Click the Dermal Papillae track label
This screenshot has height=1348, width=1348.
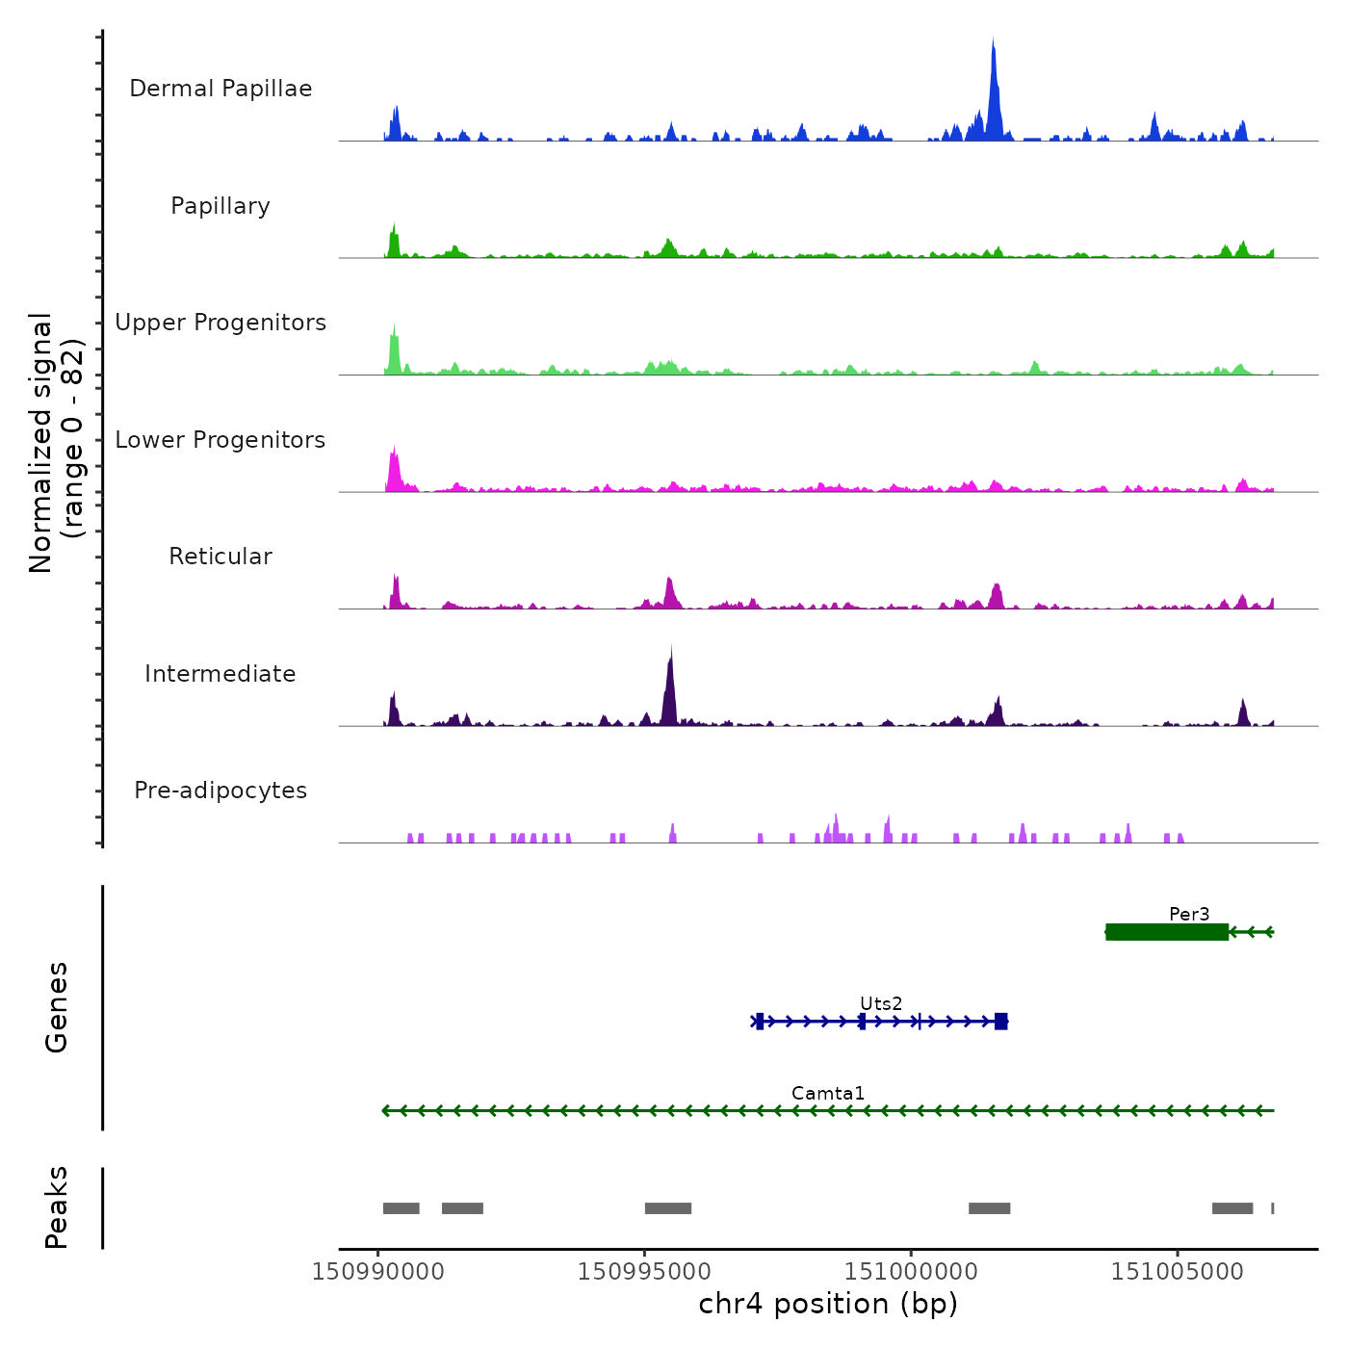click(x=220, y=89)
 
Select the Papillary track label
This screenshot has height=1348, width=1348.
click(x=220, y=206)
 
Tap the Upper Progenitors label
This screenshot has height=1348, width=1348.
click(x=220, y=323)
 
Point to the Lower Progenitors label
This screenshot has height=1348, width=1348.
click(x=220, y=440)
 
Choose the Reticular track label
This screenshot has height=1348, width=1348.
click(x=220, y=557)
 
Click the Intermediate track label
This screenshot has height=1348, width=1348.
click(x=220, y=674)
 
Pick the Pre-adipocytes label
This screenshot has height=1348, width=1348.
click(x=220, y=791)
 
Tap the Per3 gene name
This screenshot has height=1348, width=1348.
click(x=1189, y=914)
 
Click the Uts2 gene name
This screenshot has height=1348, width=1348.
click(x=881, y=1003)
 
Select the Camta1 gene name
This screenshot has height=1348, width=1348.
click(x=828, y=1093)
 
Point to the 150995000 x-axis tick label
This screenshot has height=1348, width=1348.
click(x=644, y=1272)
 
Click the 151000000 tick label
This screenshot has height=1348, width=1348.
click(x=911, y=1272)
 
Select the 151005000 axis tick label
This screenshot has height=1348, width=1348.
click(x=1178, y=1272)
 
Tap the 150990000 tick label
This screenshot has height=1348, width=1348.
click(x=378, y=1272)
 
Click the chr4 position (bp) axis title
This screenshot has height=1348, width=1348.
click(x=828, y=1304)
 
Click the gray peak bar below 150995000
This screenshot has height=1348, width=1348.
click(x=668, y=1208)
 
